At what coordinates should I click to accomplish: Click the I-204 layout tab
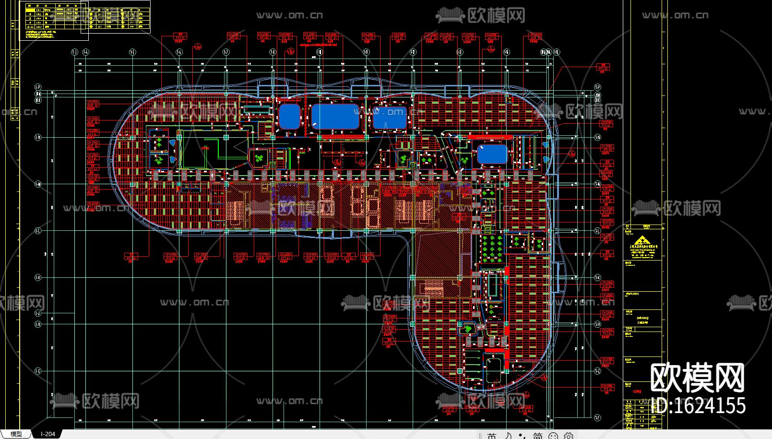(x=48, y=434)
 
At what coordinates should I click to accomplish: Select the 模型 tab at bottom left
(x=16, y=434)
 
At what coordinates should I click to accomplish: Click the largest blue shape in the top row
(x=335, y=117)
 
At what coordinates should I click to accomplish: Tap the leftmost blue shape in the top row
(x=289, y=117)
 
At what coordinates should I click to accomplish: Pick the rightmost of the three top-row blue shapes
(x=390, y=118)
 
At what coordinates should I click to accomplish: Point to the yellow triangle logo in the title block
(x=638, y=241)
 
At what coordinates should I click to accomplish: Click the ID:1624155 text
(x=701, y=406)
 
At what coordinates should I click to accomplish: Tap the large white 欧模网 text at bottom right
(x=697, y=378)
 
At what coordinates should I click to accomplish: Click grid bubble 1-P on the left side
(x=38, y=87)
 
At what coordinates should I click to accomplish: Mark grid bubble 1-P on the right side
(x=597, y=87)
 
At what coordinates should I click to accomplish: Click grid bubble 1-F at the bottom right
(x=597, y=418)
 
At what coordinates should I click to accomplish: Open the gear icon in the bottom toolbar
(x=569, y=436)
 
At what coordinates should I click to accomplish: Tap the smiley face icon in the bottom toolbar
(x=553, y=436)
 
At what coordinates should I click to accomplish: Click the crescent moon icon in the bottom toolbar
(x=508, y=436)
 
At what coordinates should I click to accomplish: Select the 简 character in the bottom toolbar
(x=537, y=436)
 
